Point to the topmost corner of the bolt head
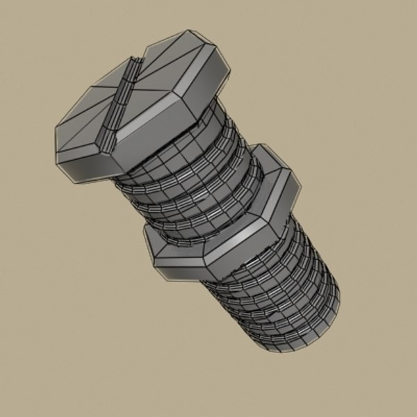click(188, 31)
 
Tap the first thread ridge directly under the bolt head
click(149, 174)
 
